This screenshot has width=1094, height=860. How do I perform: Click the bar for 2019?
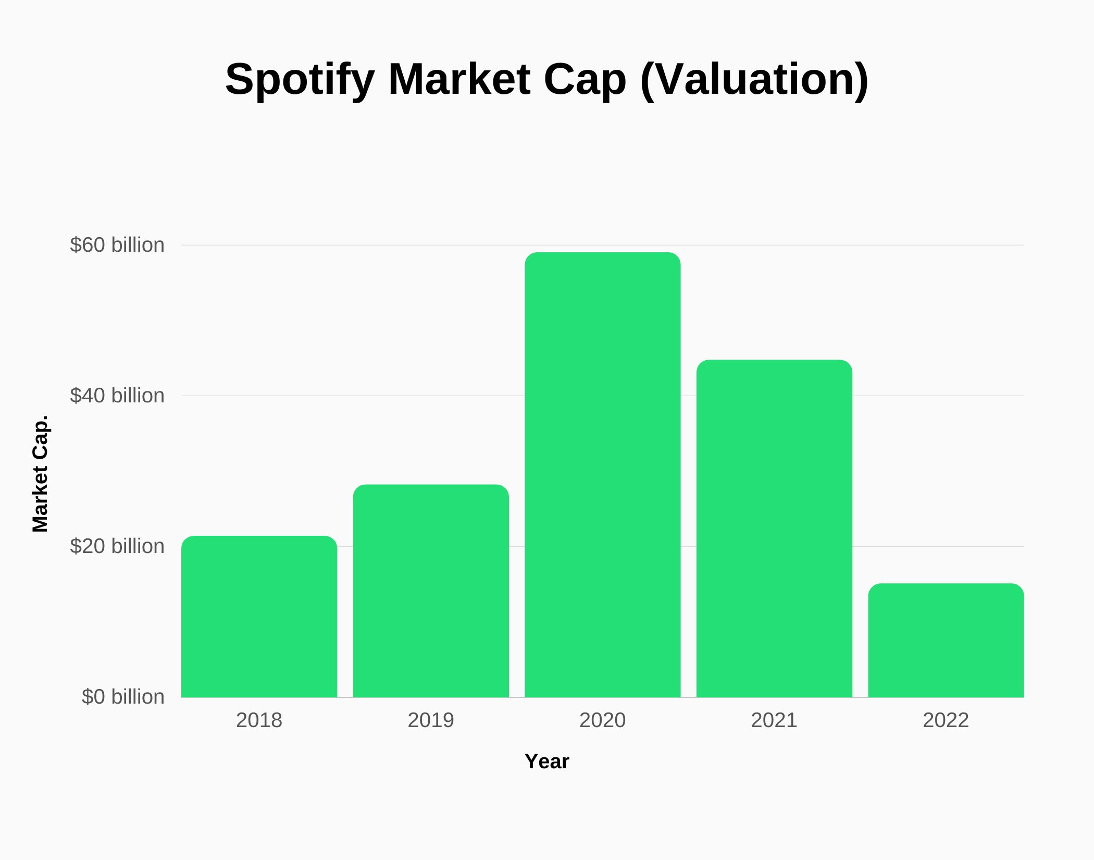pos(431,591)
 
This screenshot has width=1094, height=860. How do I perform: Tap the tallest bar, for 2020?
pos(602,475)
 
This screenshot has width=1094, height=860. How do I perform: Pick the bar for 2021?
pos(774,529)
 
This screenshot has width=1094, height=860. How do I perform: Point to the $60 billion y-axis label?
pos(117,245)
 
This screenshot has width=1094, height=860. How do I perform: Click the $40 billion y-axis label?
pos(117,396)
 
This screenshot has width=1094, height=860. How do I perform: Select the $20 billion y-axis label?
pos(117,546)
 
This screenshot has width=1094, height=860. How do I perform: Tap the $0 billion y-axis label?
pos(123,697)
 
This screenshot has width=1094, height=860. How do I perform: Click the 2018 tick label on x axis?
pos(259,720)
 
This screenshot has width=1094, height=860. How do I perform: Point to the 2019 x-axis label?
pos(431,720)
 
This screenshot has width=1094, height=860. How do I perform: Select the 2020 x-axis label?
pos(602,720)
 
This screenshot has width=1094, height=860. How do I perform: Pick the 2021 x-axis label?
pos(774,720)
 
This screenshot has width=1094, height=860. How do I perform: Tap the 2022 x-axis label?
pos(946,720)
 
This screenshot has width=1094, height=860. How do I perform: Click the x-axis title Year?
pos(547,761)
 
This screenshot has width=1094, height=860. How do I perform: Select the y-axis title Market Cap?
pos(40,474)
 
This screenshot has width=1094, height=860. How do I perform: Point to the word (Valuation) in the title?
pos(754,80)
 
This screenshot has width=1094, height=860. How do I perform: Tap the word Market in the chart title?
pos(459,80)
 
